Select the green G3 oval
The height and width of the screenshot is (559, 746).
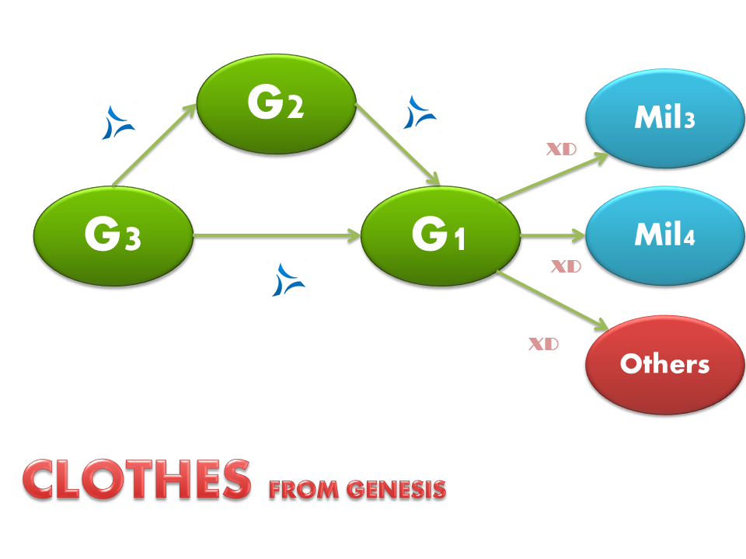click(x=113, y=235)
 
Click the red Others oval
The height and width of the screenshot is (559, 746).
click(x=664, y=363)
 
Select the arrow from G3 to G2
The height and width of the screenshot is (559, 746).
click(x=154, y=147)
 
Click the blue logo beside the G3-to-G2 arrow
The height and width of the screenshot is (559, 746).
click(x=118, y=122)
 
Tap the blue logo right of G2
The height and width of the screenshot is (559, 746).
click(x=420, y=113)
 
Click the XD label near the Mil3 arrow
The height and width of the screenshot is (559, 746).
click(x=561, y=149)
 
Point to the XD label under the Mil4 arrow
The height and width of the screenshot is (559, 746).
click(x=566, y=266)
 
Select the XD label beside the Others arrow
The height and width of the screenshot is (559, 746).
click(x=543, y=343)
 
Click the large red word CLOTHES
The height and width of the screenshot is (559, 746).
click(x=137, y=479)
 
